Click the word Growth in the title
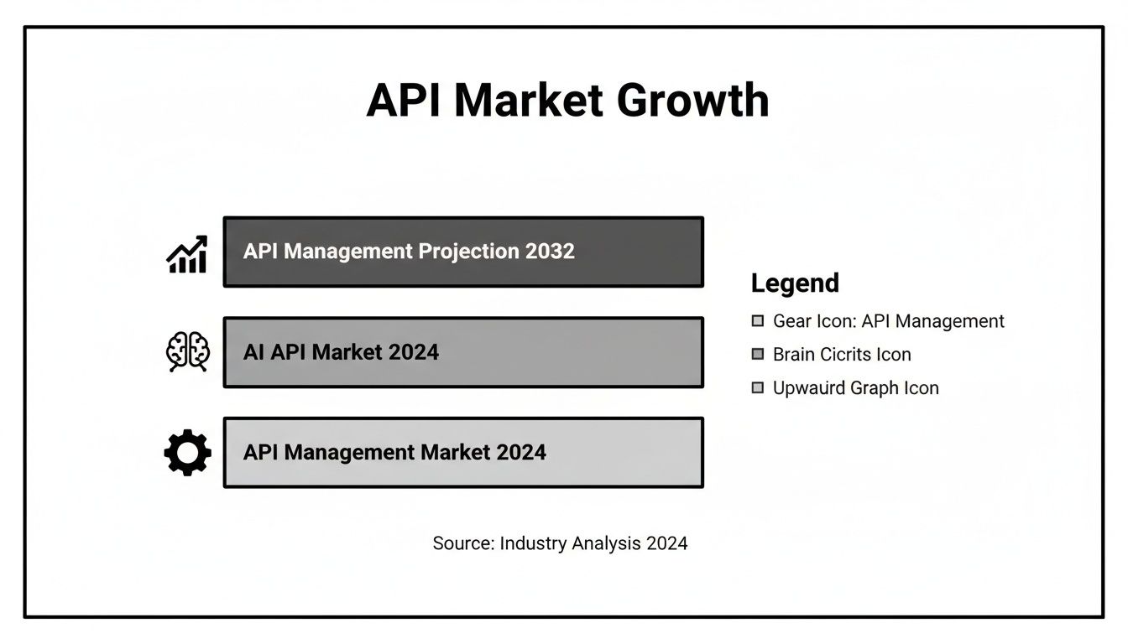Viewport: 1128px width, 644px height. click(x=692, y=101)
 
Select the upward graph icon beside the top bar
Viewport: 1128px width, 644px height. click(x=186, y=253)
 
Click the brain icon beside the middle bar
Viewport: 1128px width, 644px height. click(x=187, y=351)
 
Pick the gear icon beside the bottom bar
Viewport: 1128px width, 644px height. click(x=187, y=453)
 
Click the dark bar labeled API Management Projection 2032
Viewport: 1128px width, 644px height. click(x=462, y=252)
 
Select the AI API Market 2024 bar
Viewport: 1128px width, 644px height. click(x=462, y=352)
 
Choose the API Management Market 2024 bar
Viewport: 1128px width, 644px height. click(x=462, y=453)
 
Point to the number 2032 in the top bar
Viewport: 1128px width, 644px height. click(x=550, y=252)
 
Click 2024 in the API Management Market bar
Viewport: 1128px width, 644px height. click(x=520, y=453)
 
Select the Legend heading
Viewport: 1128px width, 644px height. click(x=795, y=283)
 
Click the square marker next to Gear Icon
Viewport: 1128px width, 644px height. click(x=758, y=321)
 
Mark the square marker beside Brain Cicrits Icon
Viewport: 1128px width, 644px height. click(x=758, y=355)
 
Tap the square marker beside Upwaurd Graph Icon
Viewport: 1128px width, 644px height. click(x=758, y=388)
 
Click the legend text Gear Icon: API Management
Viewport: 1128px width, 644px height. click(x=888, y=321)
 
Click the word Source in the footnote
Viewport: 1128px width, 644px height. click(x=462, y=543)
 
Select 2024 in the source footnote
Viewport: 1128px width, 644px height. click(x=666, y=543)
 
